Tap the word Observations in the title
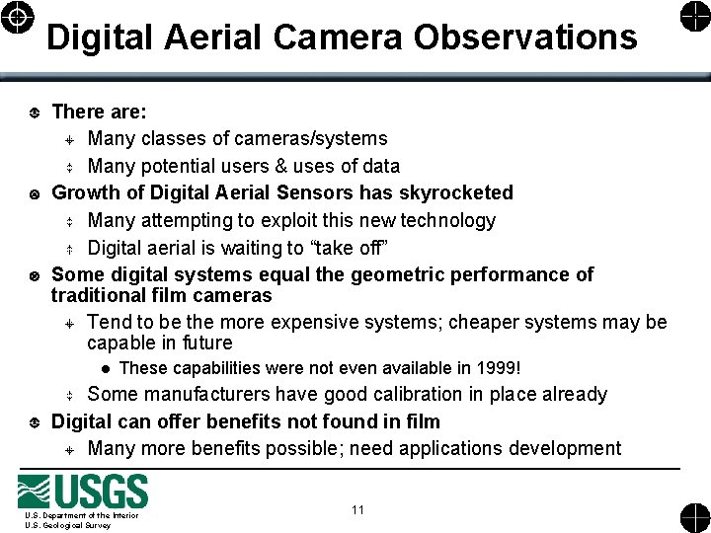point(525,38)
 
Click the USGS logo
point(83,492)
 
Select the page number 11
point(357,509)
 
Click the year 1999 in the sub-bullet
point(493,368)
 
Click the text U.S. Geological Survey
point(68,525)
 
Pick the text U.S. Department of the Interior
point(82,515)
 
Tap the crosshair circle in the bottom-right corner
point(693,514)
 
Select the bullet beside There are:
point(36,112)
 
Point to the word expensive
point(385,322)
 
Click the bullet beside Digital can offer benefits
point(36,422)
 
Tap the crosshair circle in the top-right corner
point(693,18)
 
